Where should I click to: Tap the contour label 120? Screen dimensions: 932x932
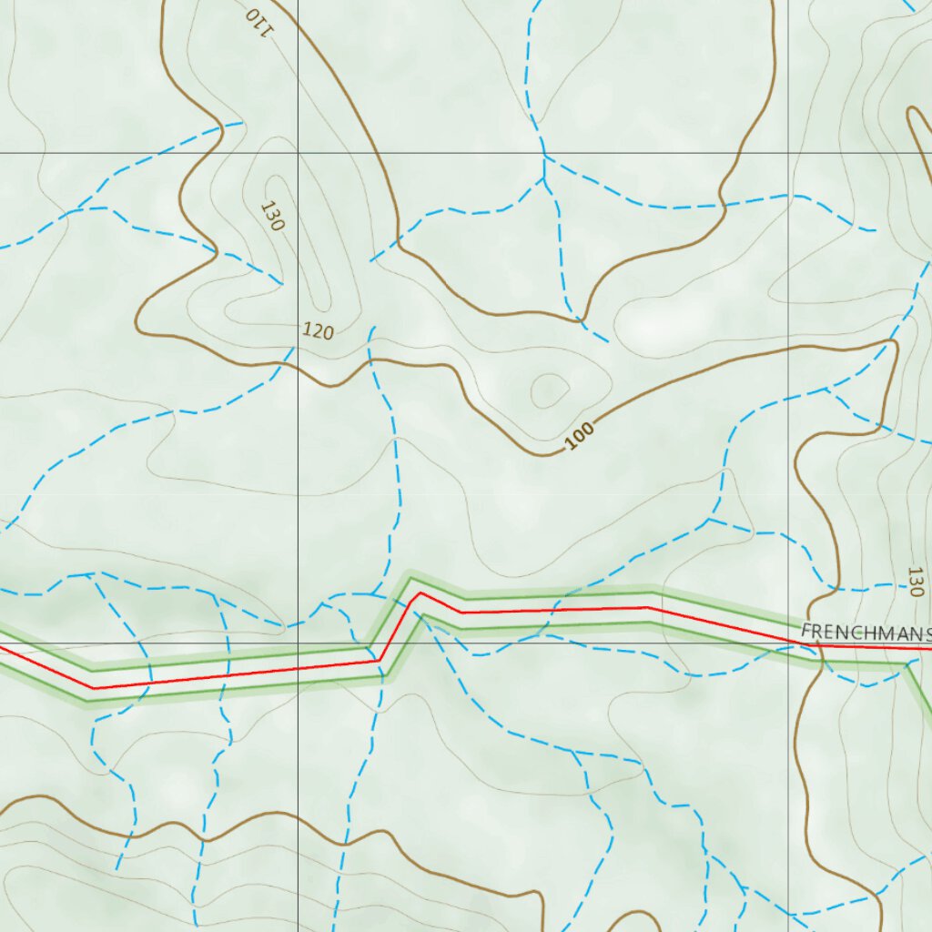[318, 331]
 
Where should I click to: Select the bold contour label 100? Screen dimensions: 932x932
[579, 437]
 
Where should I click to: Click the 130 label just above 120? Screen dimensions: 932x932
[271, 216]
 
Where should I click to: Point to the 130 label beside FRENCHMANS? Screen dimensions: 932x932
[915, 582]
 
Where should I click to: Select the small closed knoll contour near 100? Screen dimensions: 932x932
[550, 390]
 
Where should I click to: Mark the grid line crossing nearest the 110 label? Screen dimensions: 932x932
[299, 153]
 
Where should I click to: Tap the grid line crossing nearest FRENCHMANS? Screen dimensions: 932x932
[788, 643]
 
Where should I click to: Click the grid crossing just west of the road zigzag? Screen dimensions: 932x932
[299, 643]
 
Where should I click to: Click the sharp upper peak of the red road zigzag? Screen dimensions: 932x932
[419, 593]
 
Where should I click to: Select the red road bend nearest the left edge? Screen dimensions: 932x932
[94, 688]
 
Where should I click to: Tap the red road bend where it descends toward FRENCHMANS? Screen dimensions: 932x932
[648, 607]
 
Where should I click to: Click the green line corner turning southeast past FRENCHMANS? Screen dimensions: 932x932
[907, 664]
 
